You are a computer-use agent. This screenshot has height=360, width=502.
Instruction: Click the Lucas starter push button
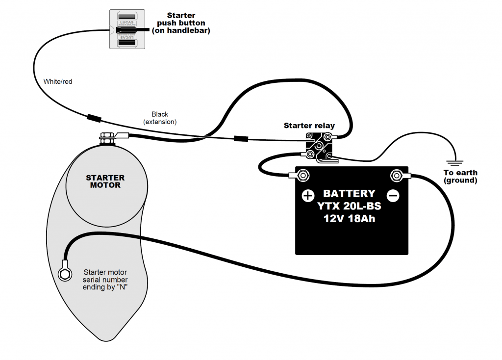click(x=127, y=29)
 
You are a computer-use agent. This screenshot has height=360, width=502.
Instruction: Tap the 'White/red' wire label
click(x=58, y=81)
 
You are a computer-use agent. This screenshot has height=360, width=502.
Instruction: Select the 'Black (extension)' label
click(x=160, y=118)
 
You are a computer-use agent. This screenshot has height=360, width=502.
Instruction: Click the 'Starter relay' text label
click(x=309, y=126)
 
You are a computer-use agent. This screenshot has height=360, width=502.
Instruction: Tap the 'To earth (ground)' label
click(x=460, y=177)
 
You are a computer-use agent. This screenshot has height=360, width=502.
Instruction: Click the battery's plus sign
click(x=307, y=196)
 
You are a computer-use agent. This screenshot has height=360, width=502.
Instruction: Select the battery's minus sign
click(x=393, y=196)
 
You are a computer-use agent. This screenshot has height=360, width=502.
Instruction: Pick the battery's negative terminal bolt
click(x=396, y=175)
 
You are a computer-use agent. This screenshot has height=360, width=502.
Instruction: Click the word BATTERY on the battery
click(x=349, y=194)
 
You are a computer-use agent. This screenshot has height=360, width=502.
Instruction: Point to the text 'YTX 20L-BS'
click(x=349, y=206)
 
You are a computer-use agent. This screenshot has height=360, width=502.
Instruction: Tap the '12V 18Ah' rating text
click(x=349, y=219)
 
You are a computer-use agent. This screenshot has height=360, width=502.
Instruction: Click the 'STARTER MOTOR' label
click(x=105, y=181)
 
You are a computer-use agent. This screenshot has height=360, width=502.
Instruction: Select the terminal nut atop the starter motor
click(x=106, y=137)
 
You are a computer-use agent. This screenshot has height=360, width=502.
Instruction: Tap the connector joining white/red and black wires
click(x=94, y=118)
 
